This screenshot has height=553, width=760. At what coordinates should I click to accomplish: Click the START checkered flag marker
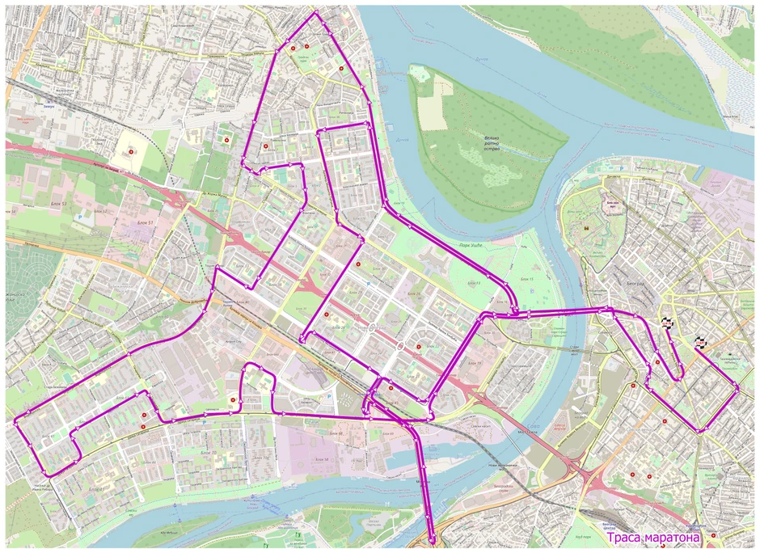pyautogui.click(x=669, y=323)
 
